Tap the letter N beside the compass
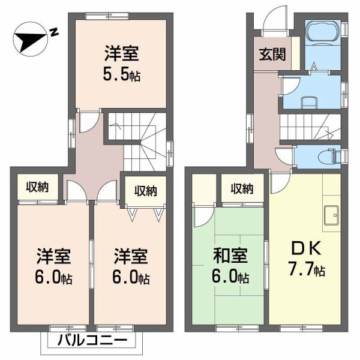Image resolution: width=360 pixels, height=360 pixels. [53, 32]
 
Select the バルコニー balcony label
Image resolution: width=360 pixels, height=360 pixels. [92, 341]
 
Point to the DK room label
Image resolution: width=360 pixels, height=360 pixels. [307, 248]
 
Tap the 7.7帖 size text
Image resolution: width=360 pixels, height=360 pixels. [307, 271]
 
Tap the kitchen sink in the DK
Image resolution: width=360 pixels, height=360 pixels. [332, 217]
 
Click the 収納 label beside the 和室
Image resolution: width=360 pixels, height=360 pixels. [242, 188]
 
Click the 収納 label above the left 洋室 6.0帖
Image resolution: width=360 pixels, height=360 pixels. [37, 187]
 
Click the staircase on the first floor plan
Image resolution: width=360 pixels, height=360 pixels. [310, 127]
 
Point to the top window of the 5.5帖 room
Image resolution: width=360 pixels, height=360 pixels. [101, 15]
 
